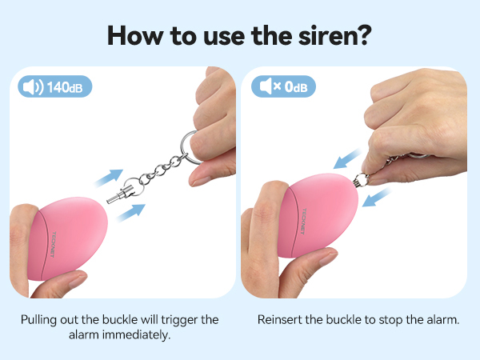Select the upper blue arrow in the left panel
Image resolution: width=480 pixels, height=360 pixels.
coord(111,176)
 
